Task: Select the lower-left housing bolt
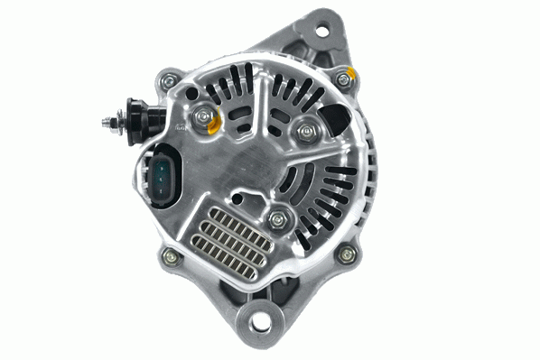[x=167, y=257]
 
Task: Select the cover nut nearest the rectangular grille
[x=278, y=217]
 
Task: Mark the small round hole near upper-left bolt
[x=193, y=89]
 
